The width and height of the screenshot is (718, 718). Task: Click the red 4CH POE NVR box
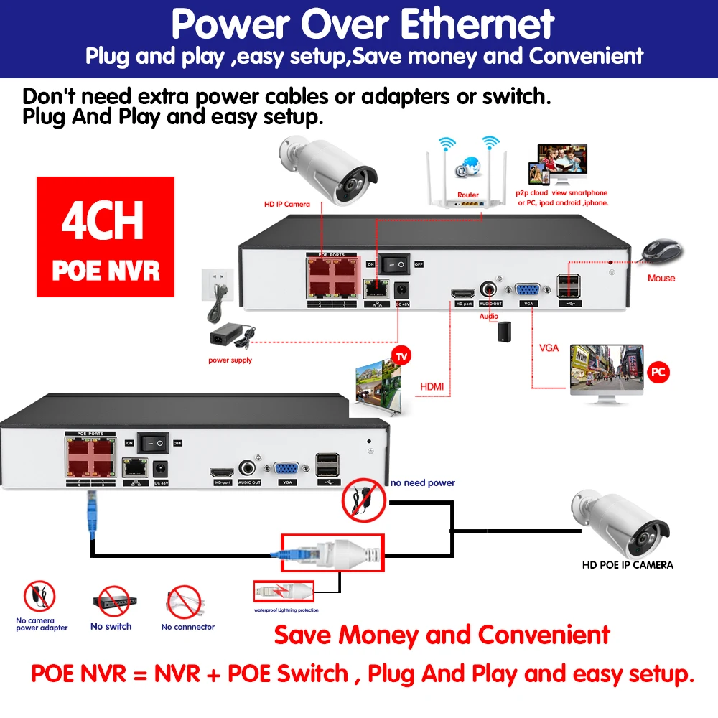click(106, 236)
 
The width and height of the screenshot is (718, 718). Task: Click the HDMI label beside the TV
click(431, 387)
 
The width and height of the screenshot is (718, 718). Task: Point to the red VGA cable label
click(549, 348)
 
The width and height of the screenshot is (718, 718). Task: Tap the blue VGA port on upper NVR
click(529, 290)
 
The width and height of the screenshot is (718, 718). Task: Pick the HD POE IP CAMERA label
click(627, 565)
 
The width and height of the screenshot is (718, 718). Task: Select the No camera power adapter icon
click(39, 597)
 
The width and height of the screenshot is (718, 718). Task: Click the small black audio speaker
click(504, 330)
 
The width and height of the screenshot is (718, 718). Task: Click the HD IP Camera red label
click(286, 204)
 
